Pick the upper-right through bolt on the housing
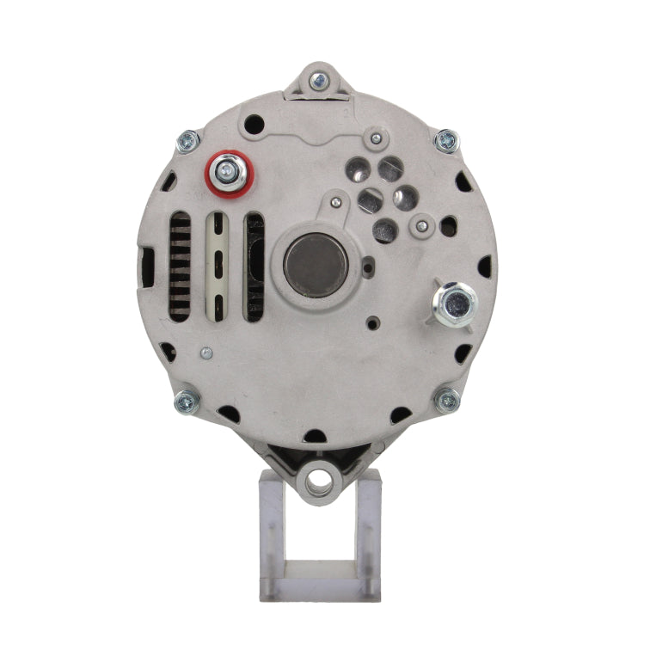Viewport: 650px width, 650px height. pos(446,140)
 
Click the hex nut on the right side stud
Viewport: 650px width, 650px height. pos(455,303)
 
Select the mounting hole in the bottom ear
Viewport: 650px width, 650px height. pos(321,479)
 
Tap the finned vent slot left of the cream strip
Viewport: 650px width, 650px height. pos(179,267)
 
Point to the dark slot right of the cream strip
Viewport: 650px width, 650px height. pos(255,267)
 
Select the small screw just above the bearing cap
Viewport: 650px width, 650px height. pos(336,202)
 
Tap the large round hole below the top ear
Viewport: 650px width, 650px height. pos(253,125)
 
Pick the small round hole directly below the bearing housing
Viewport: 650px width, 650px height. pos(371,324)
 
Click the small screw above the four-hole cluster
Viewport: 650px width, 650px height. pos(375,137)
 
